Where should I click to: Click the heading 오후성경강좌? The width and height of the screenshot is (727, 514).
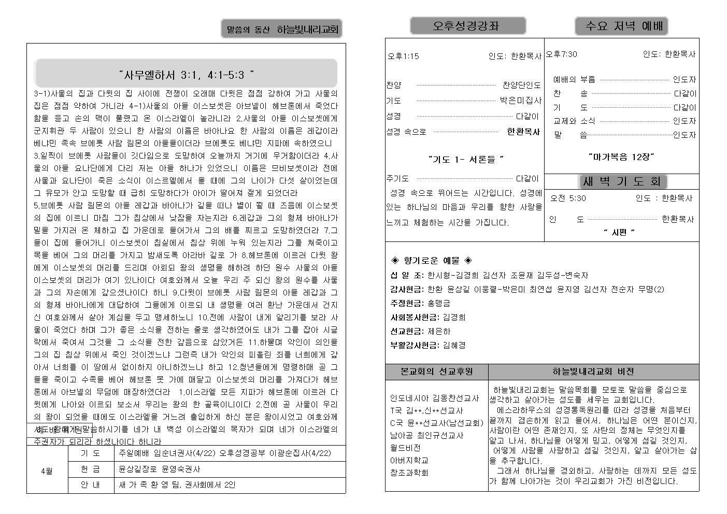467,26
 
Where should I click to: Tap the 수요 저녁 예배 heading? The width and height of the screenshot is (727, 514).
621,26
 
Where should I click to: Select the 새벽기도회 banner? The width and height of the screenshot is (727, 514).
622,181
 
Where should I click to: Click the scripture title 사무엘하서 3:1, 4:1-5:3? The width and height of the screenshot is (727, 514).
186,75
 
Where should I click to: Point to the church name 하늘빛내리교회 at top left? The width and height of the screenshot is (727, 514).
308,30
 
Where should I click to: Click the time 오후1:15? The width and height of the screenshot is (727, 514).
403,56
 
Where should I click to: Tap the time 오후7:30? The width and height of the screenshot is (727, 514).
561,54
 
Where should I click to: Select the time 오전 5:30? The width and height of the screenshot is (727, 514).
568,198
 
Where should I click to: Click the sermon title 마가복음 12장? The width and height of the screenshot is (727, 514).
621,156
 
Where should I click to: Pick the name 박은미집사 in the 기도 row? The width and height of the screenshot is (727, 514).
520,101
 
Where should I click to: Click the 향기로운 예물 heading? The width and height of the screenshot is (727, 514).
431,261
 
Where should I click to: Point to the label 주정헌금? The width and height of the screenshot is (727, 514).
407,303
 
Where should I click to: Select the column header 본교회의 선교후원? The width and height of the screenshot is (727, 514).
436,372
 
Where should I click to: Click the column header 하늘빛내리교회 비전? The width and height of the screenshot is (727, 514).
593,372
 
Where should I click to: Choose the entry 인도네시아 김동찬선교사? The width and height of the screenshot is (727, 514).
434,398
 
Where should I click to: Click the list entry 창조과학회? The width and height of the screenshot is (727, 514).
409,473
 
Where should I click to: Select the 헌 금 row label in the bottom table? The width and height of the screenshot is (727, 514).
90,469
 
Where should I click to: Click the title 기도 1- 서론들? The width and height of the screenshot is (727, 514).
466,159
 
